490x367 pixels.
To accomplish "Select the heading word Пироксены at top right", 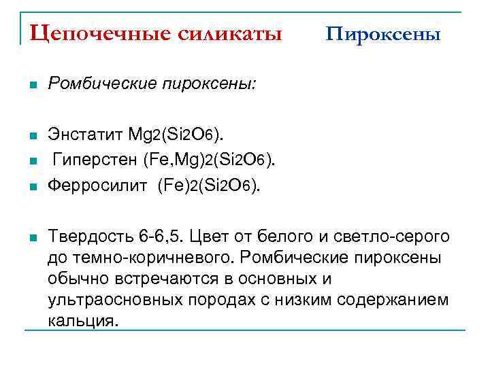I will [x=383, y=33].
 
